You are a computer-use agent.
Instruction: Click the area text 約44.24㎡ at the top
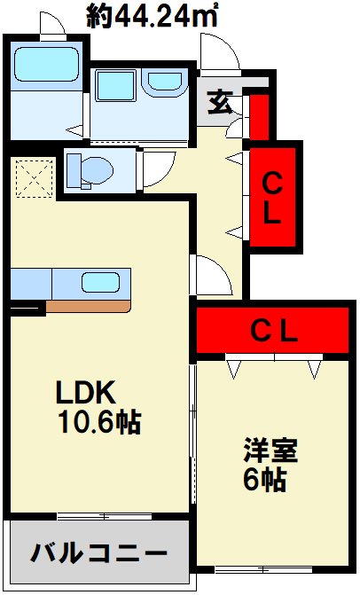click(153, 17)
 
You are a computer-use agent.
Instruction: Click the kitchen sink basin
click(101, 282)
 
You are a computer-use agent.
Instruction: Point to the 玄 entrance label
click(220, 103)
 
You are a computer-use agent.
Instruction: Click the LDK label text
click(86, 392)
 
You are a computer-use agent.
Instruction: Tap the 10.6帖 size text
click(99, 421)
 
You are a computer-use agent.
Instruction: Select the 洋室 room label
click(270, 450)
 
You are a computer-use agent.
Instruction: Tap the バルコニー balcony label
click(98, 552)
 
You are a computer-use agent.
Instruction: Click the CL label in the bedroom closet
click(275, 333)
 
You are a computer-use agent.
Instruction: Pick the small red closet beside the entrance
click(260, 117)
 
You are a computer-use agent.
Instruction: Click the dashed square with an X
click(35, 178)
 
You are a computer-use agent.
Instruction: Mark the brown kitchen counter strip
click(89, 306)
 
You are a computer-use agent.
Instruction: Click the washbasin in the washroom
click(165, 82)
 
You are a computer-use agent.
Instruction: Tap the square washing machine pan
click(115, 86)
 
